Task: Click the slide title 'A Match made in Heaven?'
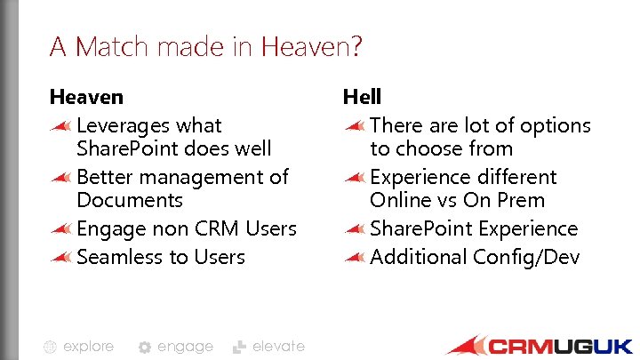pos(205,46)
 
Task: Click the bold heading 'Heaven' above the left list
pos(86,96)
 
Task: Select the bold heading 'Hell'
pos(362,96)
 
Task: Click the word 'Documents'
pos(130,200)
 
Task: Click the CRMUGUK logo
pos(539,346)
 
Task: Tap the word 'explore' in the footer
pos(88,347)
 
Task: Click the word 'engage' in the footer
pos(185,347)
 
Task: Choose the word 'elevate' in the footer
pos(278,347)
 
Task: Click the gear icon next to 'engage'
pos(145,348)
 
